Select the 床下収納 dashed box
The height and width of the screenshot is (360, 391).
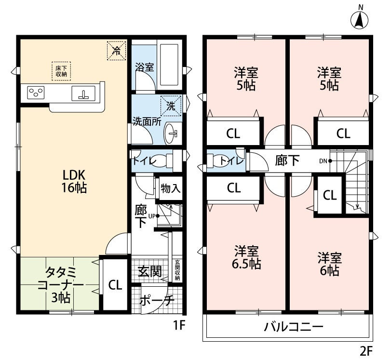point(61,71)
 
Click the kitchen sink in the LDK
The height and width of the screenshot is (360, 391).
point(83,93)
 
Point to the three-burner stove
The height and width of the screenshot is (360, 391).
point(36,93)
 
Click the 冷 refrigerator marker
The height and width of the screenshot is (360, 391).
point(116,50)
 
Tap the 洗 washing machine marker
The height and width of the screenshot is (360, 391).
point(171,107)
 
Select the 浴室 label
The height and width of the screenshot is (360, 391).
point(145,67)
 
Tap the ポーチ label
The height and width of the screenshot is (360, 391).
point(156,300)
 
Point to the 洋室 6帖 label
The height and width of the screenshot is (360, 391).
point(330,263)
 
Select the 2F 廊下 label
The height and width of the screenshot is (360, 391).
point(287,160)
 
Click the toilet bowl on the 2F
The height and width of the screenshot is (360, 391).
point(224,160)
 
